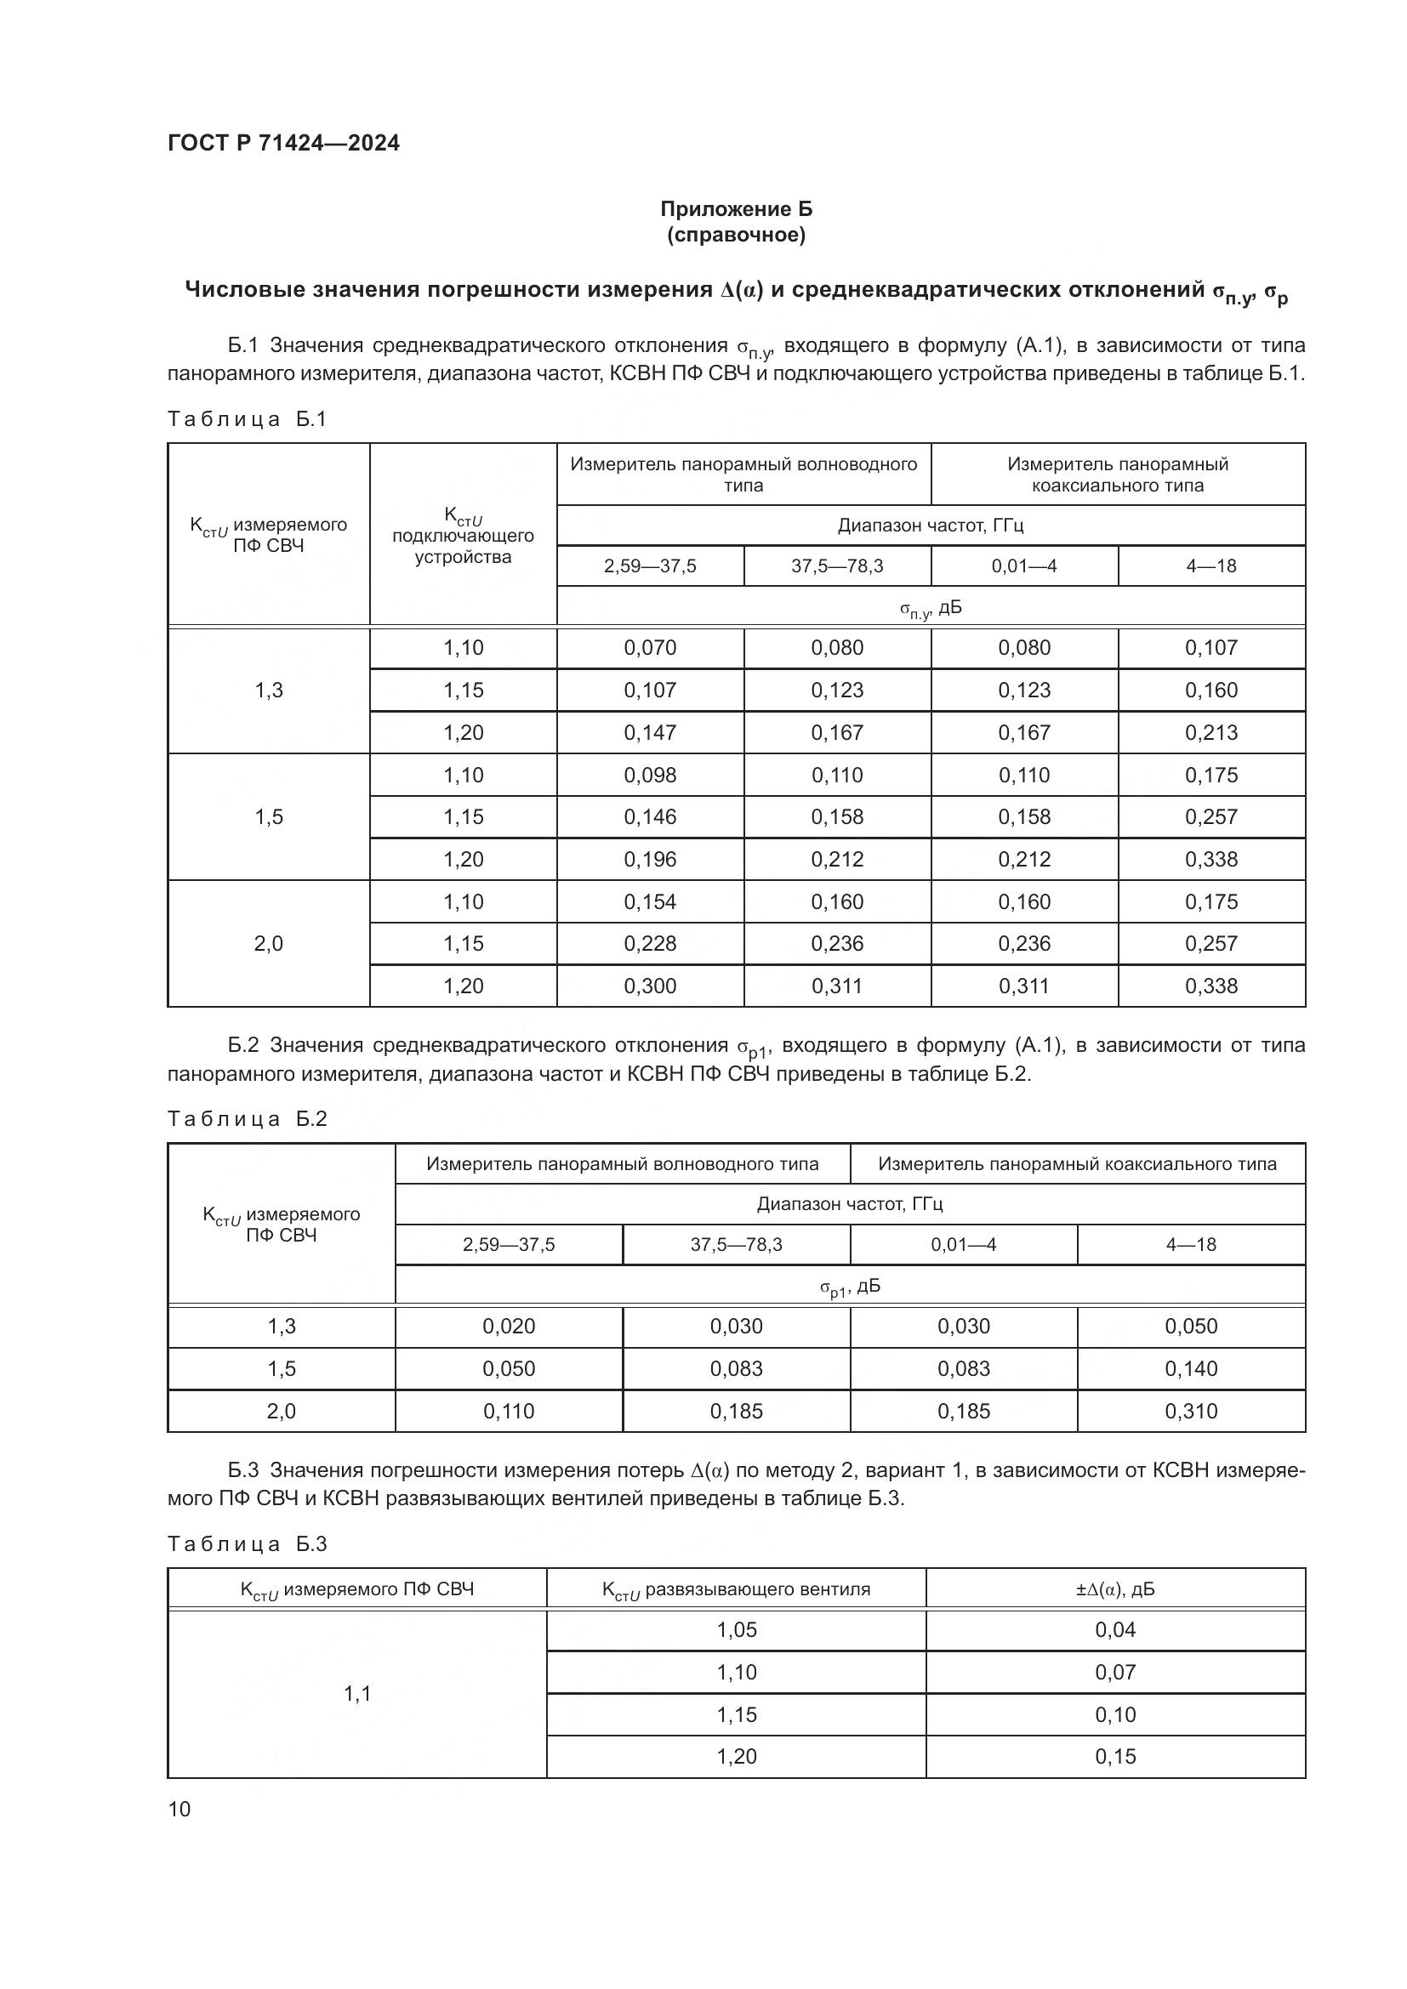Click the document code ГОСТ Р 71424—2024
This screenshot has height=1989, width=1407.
click(x=283, y=144)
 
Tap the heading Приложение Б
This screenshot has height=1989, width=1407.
click(x=736, y=209)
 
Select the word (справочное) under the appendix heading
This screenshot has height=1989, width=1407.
click(x=736, y=235)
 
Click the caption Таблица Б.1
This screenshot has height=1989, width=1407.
click(x=247, y=419)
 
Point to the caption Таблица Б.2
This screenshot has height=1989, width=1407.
click(x=247, y=1118)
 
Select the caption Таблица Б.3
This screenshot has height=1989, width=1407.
click(x=247, y=1543)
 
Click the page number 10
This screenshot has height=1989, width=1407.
click(x=179, y=1809)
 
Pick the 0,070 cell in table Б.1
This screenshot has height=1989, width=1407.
click(x=650, y=648)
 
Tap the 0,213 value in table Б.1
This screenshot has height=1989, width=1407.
click(x=1211, y=733)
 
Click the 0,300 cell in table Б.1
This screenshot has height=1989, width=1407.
click(x=650, y=986)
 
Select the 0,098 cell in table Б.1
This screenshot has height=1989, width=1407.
click(x=650, y=776)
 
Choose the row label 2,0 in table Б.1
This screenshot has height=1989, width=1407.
click(x=269, y=943)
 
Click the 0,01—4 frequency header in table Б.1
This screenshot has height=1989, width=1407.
click(x=1024, y=566)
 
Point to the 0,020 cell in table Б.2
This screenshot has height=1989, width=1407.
click(x=509, y=1327)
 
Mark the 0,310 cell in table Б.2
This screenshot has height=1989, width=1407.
click(x=1191, y=1412)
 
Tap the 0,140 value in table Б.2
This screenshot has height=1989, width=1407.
click(x=1191, y=1369)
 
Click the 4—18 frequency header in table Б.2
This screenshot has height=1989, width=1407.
click(x=1191, y=1245)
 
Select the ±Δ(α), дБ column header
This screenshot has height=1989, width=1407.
click(x=1115, y=1589)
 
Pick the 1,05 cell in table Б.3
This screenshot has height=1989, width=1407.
click(x=737, y=1630)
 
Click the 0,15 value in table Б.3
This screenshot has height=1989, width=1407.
click(x=1115, y=1757)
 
